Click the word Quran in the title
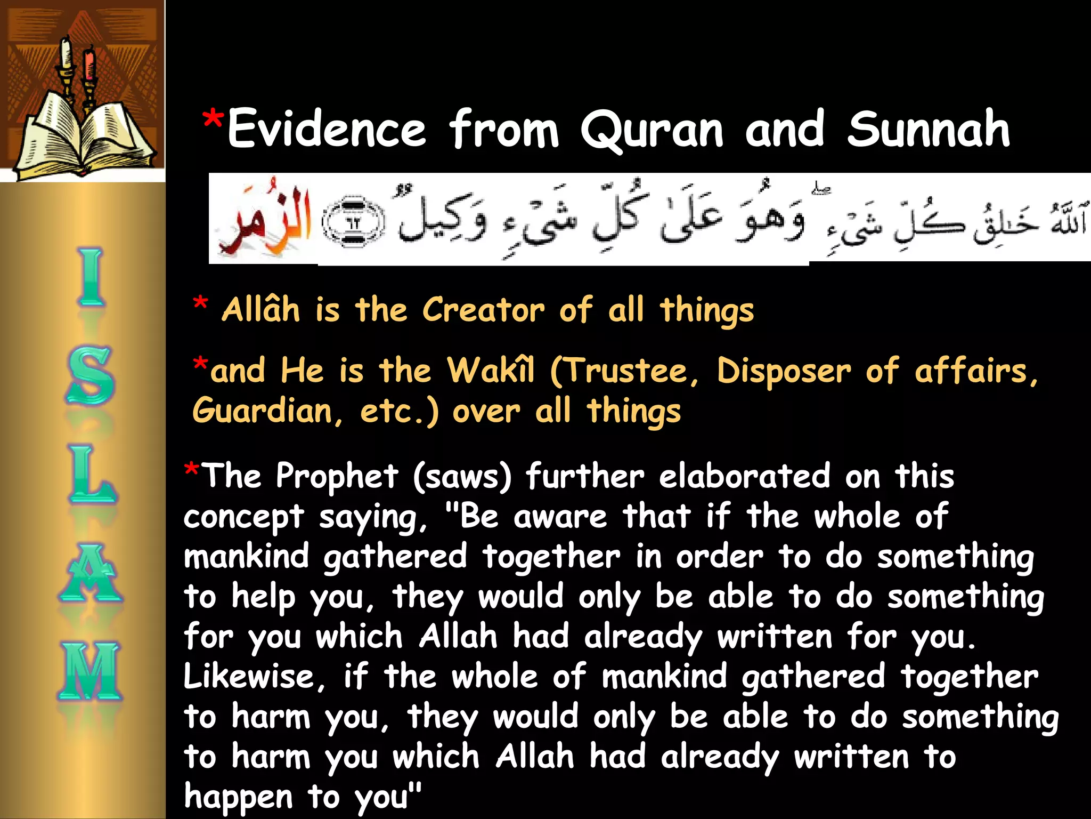652,130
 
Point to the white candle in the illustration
66,53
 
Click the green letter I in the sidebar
91,277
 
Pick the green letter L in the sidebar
91,475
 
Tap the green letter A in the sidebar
91,573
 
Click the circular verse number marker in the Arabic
353,222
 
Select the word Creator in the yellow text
483,310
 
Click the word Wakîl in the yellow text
491,371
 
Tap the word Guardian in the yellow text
262,411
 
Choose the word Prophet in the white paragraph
337,476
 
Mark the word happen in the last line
238,797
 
